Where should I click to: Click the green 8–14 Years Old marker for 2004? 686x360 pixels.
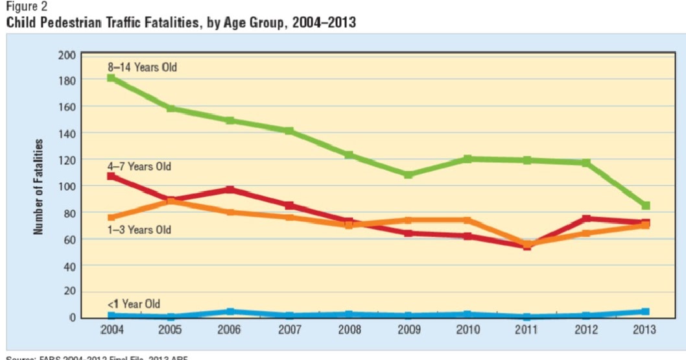click(112, 78)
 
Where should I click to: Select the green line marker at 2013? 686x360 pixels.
click(646, 206)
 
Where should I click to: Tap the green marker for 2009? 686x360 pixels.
click(408, 174)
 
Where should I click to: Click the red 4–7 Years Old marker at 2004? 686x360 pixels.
click(112, 176)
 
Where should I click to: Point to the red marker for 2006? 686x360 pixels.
click(230, 189)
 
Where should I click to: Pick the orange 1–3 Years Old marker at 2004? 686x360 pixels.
click(112, 217)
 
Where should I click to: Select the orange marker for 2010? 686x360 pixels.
click(467, 220)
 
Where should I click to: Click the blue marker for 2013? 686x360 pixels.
click(646, 311)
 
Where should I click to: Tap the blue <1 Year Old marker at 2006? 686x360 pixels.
click(230, 311)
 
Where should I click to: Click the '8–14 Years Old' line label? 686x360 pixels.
click(142, 67)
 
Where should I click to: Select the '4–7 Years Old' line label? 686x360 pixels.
click(139, 166)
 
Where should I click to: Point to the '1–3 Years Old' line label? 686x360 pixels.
click(139, 230)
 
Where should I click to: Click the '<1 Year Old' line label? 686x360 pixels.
click(134, 304)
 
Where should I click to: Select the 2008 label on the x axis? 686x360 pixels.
click(349, 330)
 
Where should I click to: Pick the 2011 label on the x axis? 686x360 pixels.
click(526, 330)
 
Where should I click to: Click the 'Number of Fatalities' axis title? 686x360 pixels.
click(40, 187)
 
